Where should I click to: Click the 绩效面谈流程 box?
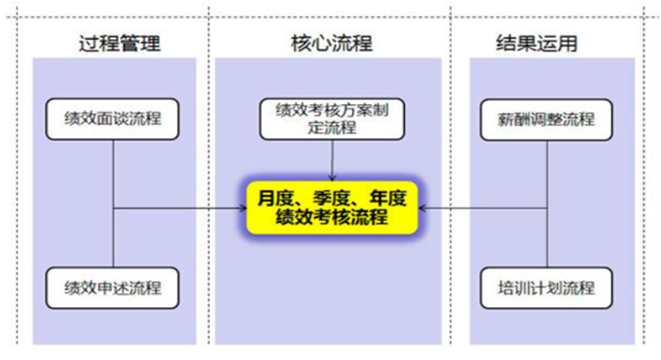[114, 119]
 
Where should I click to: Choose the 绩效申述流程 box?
[114, 286]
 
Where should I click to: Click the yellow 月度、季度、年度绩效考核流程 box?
[330, 207]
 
